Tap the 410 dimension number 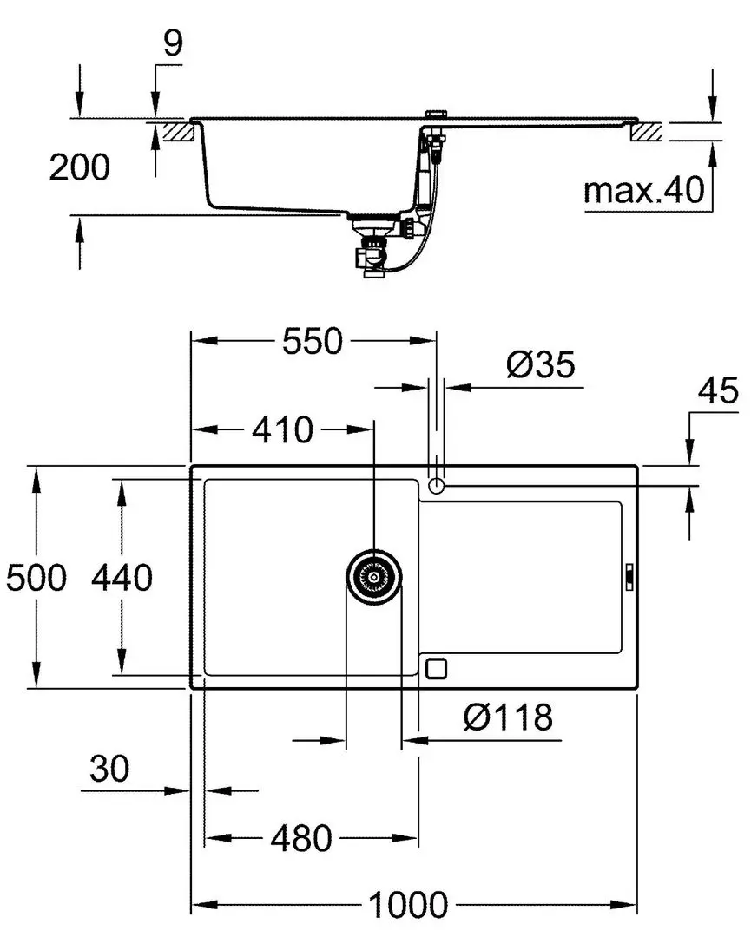[284, 429]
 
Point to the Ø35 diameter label [540, 364]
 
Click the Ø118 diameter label [508, 717]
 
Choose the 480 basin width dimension [300, 838]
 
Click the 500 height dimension [36, 577]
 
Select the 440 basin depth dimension [122, 577]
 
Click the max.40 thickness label [643, 190]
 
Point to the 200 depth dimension [79, 167]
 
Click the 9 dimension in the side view [175, 43]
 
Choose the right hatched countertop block [647, 132]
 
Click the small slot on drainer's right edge [630, 575]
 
